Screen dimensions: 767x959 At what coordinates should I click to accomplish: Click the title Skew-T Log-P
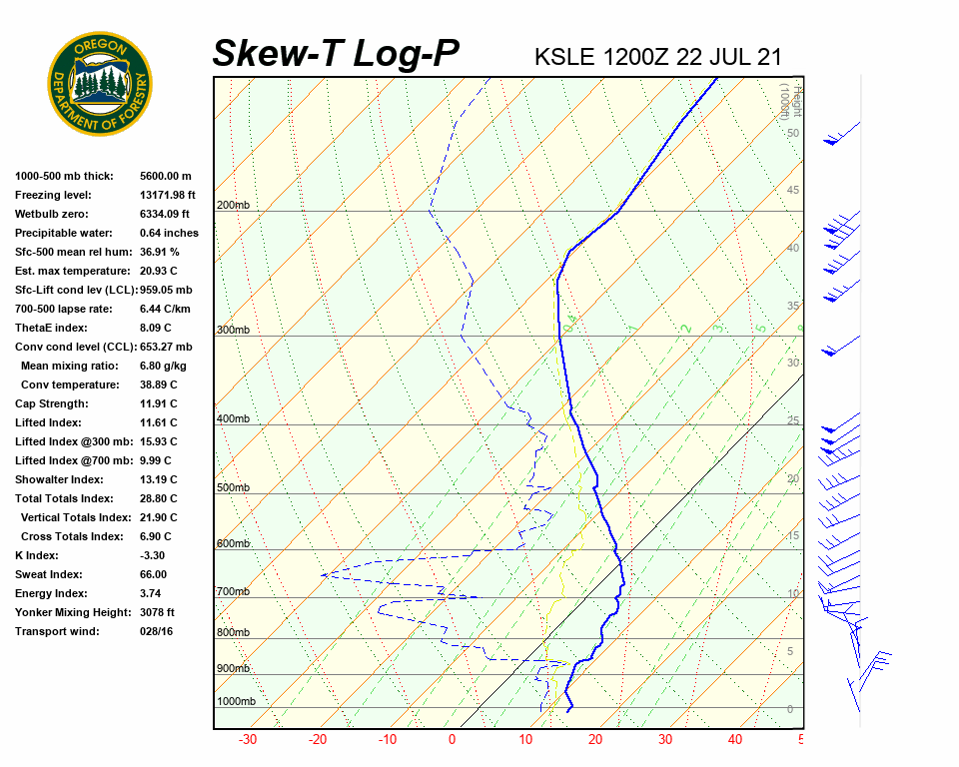click(x=336, y=54)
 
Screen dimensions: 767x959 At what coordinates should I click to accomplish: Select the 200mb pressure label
click(x=233, y=206)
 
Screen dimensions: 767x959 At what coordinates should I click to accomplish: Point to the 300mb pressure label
click(x=233, y=330)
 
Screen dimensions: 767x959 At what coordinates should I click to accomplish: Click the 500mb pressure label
click(x=233, y=487)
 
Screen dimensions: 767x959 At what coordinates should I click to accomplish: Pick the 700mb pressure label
click(x=233, y=592)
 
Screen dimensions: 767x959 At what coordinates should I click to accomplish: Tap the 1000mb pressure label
click(x=236, y=701)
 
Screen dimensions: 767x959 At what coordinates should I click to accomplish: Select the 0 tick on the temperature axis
click(x=453, y=740)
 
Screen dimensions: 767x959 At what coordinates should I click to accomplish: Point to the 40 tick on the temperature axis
click(x=734, y=740)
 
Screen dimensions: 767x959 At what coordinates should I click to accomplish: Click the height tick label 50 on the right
click(x=793, y=133)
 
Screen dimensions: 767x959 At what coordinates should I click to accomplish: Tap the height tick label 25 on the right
click(x=793, y=421)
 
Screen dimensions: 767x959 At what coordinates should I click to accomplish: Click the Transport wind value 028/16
click(x=157, y=631)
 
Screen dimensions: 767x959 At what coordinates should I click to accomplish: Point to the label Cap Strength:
click(x=52, y=403)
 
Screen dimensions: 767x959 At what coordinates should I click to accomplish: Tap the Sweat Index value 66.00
click(x=154, y=574)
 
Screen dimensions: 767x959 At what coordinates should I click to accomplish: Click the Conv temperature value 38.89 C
click(x=159, y=384)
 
